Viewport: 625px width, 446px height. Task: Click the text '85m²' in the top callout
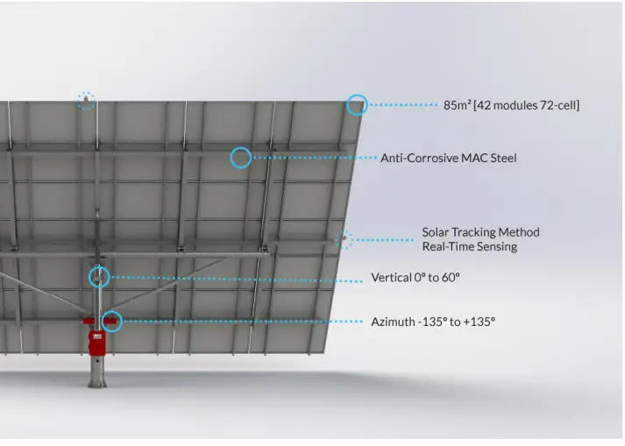[457, 105]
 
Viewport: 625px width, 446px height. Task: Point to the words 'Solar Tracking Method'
[480, 232]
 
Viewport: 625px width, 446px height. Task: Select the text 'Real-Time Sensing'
[469, 247]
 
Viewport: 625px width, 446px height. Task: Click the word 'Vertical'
[391, 278]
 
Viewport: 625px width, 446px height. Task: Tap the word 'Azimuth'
[393, 322]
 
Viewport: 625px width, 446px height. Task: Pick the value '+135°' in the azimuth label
[479, 322]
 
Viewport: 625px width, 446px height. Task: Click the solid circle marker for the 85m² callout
[357, 104]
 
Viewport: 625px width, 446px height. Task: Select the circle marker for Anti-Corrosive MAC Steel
[240, 158]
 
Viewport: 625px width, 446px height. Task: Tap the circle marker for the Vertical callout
[100, 278]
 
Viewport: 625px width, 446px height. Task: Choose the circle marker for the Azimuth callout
[111, 321]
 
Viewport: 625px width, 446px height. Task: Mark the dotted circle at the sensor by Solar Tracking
[344, 238]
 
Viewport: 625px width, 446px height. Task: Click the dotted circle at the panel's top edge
[86, 101]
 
